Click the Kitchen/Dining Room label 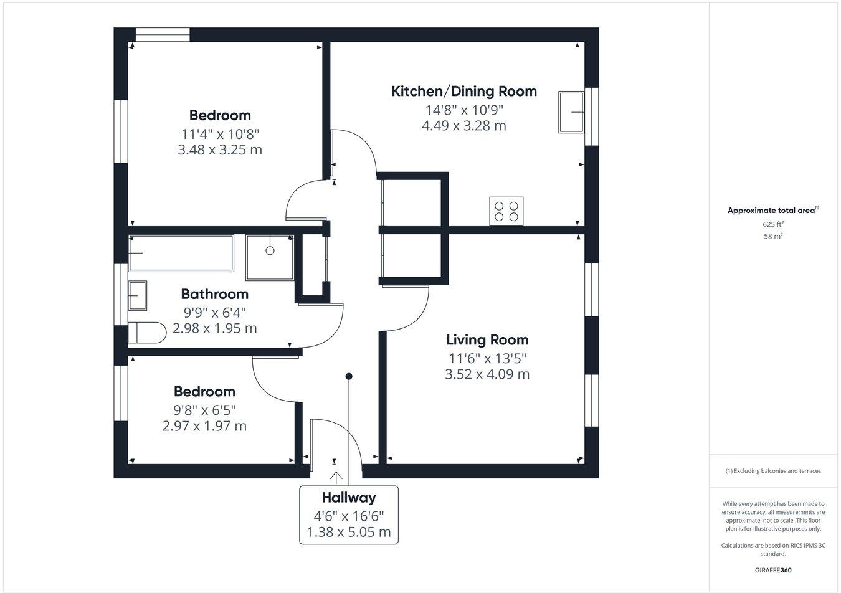coord(463,92)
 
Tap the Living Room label coord(487,340)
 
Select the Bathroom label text coord(214,294)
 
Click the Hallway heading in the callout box coord(349,498)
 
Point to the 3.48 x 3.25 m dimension coord(220,150)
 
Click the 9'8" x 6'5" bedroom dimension coord(204,410)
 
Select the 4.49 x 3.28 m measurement coord(463,126)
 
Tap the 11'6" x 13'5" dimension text coord(487,358)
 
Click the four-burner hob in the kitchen coord(506,211)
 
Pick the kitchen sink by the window coord(571,112)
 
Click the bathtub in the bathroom coord(181,253)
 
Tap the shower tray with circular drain coord(270,257)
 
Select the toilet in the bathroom coord(147,333)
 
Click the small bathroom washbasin coord(137,295)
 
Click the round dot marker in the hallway coord(349,376)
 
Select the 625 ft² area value coord(773,224)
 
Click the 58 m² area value coord(773,236)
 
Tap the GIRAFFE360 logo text coord(773,570)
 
